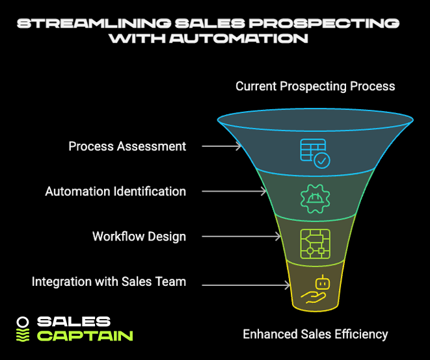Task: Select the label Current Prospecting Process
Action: point(315,86)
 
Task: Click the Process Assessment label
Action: point(128,146)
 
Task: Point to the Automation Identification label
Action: point(115,192)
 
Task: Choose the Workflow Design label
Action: point(139,236)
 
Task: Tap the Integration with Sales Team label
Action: point(109,281)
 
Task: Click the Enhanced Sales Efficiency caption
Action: point(315,335)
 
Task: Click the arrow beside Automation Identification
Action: point(234,192)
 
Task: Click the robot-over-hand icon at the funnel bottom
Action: point(315,290)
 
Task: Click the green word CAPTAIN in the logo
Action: point(85,336)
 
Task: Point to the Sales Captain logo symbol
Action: point(23,329)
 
